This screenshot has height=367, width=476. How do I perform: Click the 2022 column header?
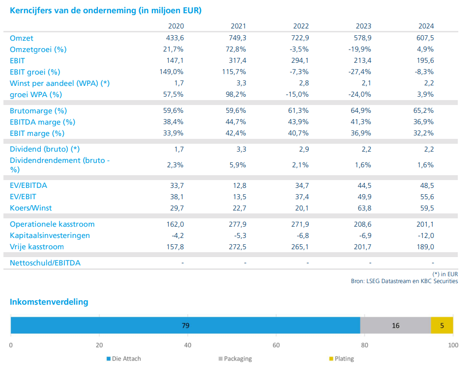coord(300,26)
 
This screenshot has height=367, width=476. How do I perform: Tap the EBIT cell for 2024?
coord(425,61)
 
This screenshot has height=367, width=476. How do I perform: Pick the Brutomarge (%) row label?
coord(38,111)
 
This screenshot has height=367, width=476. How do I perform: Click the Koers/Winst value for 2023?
coord(363,208)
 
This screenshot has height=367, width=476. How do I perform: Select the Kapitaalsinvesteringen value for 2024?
coord(426,236)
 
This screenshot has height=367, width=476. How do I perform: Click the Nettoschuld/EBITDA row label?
coord(45,263)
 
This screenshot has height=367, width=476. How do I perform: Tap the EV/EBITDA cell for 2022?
coord(300,185)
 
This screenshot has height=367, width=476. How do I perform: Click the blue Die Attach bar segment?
coord(185,325)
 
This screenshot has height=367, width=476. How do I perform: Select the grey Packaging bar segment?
coord(395,325)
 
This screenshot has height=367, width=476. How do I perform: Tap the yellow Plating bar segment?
coord(442,325)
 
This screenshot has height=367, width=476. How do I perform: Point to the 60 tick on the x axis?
coord(276,344)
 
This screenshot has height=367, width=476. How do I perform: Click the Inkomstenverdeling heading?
coord(49,302)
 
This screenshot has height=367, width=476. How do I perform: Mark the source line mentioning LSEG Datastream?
coord(404,281)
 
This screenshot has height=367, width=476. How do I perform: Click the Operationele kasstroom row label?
coord(52,224)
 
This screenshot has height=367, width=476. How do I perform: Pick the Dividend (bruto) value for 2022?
coord(300,149)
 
